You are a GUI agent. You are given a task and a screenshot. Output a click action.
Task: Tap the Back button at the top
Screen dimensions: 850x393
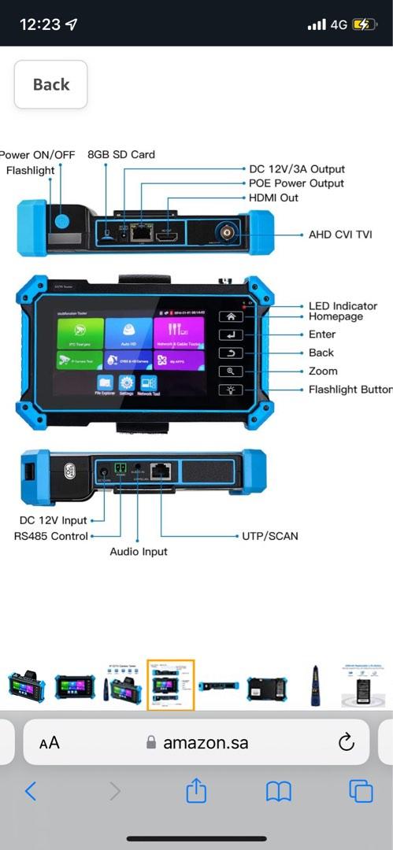[x=50, y=84]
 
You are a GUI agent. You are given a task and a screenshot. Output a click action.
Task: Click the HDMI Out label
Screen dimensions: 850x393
[x=273, y=198]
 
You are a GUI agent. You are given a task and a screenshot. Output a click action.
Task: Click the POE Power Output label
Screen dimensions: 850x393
[x=296, y=183]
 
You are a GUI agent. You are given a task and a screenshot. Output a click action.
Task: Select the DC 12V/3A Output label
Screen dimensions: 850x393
[x=297, y=169]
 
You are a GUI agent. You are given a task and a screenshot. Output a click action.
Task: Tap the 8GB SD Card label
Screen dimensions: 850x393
[x=121, y=154]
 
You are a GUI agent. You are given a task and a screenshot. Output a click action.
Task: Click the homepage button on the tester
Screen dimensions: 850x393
[x=232, y=316]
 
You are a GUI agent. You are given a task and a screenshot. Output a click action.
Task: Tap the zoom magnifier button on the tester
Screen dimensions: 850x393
[x=232, y=371]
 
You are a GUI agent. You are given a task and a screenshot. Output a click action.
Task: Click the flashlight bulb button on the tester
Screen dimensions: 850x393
[x=232, y=390]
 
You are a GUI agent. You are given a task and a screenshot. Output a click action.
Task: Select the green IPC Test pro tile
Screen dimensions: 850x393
[x=78, y=332]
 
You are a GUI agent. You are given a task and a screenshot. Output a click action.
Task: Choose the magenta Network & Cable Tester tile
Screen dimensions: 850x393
[x=178, y=332]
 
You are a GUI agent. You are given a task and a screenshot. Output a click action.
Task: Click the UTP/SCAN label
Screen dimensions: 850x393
[x=269, y=536]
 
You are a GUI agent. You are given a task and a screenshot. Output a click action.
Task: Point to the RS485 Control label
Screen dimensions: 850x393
[x=50, y=536]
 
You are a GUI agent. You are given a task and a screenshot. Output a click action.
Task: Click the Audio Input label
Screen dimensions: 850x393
[x=139, y=552]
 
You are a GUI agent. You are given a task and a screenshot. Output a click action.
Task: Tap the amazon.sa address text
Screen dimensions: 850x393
[x=206, y=742]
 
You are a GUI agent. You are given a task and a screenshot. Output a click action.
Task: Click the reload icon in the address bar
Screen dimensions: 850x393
[x=346, y=742]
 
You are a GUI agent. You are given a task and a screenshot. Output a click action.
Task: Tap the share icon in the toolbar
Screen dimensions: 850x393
[x=196, y=792]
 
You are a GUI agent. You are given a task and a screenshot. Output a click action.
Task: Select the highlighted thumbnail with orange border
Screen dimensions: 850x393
[x=170, y=685]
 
